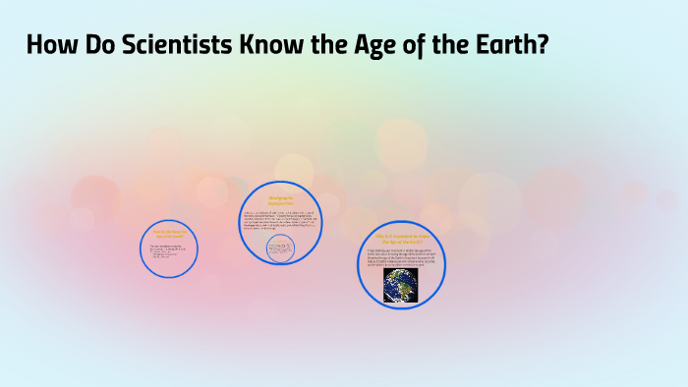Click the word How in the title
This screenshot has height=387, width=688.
pyautogui.click(x=51, y=45)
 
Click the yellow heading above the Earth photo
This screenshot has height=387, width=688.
pyautogui.click(x=403, y=240)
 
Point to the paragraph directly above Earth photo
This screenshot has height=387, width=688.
pyautogui.click(x=403, y=257)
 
